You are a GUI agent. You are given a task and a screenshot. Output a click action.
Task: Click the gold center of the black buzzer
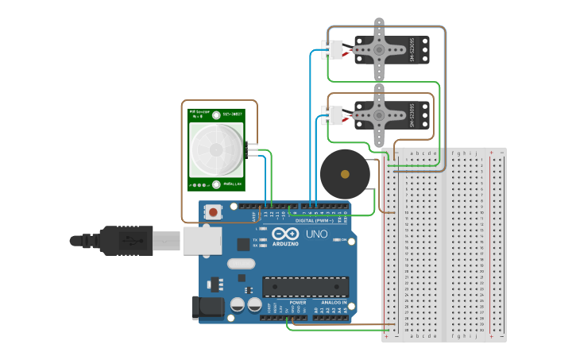click(x=344, y=173)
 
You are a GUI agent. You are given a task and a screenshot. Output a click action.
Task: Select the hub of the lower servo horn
click(x=380, y=116)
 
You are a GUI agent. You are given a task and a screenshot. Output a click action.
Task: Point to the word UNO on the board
click(x=316, y=234)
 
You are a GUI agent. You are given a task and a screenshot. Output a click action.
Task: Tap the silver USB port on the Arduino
click(x=201, y=239)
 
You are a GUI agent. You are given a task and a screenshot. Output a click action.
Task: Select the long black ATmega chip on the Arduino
click(x=306, y=287)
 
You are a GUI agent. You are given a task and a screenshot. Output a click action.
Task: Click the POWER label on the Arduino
click(x=298, y=303)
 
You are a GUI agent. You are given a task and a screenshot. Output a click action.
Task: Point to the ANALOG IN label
click(x=334, y=303)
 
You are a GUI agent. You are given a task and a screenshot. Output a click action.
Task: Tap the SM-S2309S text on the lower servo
click(x=413, y=116)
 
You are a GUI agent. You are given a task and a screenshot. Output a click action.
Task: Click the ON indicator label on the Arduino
click(x=344, y=239)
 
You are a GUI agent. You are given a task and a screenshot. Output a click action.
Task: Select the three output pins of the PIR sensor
click(x=252, y=149)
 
